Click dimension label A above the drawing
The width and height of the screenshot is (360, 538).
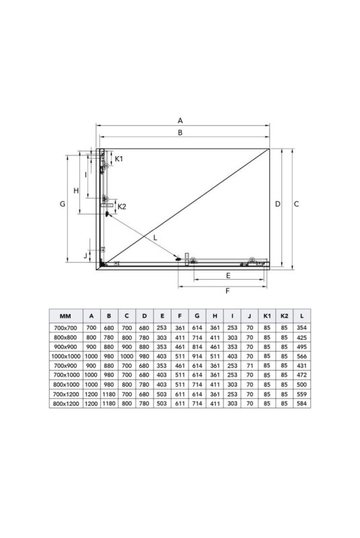(x=180, y=120)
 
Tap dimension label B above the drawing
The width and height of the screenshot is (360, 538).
(x=180, y=132)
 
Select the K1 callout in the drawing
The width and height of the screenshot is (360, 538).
(x=118, y=159)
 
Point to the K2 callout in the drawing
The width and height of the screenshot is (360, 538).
(x=122, y=206)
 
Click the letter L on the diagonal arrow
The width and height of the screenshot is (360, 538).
(x=155, y=237)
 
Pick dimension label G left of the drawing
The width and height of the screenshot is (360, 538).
(x=63, y=204)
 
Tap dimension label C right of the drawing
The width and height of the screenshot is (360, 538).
(x=297, y=204)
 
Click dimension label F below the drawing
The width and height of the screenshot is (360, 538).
(x=227, y=291)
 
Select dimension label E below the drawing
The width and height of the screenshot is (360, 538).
(x=228, y=276)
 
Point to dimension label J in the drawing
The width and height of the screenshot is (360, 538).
(x=86, y=256)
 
